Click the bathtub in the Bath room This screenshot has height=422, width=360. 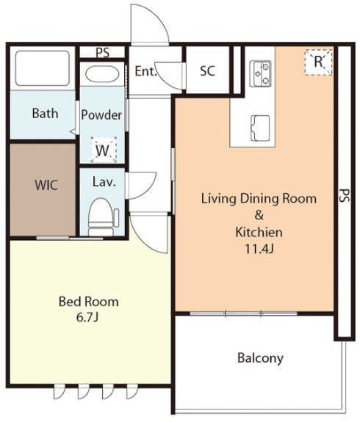click(x=43, y=68)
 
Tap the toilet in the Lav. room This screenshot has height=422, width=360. click(x=102, y=217)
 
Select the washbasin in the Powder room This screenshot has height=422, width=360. click(x=102, y=73)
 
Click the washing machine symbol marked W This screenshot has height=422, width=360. click(x=104, y=150)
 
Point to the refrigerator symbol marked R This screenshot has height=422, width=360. click(x=318, y=62)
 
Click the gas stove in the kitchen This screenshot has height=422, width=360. click(x=260, y=73)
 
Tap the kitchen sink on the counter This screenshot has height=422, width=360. click(x=260, y=128)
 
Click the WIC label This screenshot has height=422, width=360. click(x=46, y=185)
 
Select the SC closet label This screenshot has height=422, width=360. click(x=207, y=70)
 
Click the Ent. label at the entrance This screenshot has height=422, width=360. click(x=145, y=71)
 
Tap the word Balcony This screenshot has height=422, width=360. click(x=260, y=358)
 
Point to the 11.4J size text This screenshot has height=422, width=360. click(x=259, y=249)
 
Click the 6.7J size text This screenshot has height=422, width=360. click(x=87, y=318)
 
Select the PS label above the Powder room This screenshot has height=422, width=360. click(x=103, y=52)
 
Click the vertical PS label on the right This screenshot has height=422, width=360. click(x=345, y=195)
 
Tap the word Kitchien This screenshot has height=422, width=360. click(x=259, y=232)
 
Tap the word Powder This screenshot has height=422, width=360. click(x=101, y=115)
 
